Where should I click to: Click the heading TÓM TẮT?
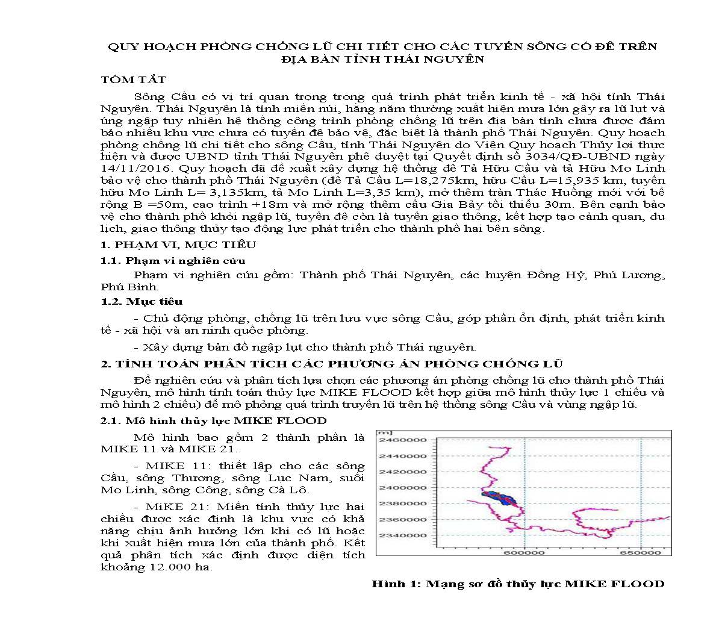pyautogui.click(x=133, y=79)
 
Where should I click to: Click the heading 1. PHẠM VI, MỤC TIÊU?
pyautogui.click(x=178, y=245)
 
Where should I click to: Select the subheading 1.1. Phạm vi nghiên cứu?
pyautogui.click(x=173, y=260)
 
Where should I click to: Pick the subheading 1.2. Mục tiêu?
pyautogui.click(x=142, y=301)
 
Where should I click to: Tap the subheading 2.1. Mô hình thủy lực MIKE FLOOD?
pyautogui.click(x=214, y=420)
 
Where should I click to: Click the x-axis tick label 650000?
pyautogui.click(x=640, y=552)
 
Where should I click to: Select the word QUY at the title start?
pyautogui.click(x=121, y=46)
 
